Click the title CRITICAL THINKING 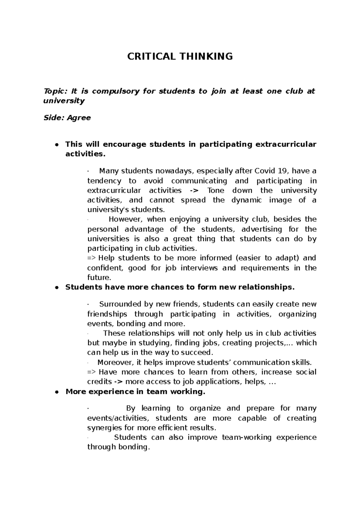click(x=180, y=56)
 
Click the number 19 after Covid click(x=282, y=171)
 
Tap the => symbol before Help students click(x=91, y=258)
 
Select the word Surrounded click(x=120, y=305)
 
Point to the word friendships click(x=107, y=314)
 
